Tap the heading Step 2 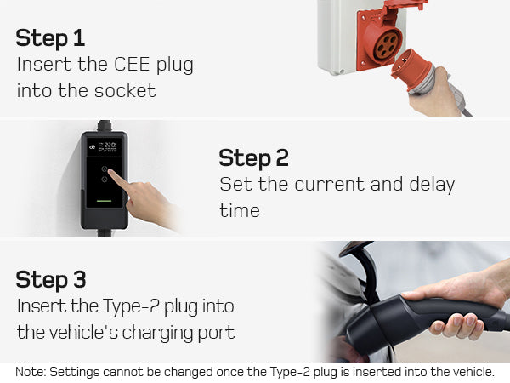(253, 157)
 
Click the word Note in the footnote (31, 372)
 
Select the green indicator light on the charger (105, 203)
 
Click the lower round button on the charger (105, 182)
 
